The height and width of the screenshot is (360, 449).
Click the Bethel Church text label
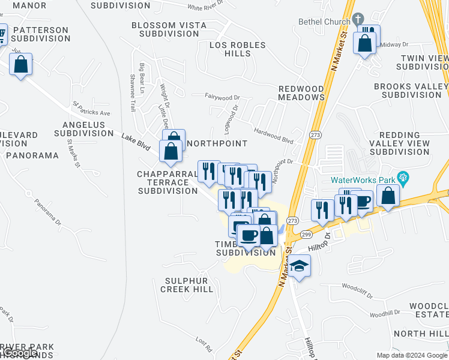point(324,22)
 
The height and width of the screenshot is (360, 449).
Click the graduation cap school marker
point(299,265)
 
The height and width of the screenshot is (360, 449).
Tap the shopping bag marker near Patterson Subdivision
point(21,65)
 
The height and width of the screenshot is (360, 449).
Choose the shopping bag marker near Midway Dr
point(364,43)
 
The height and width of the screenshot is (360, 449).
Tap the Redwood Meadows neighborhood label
point(301,93)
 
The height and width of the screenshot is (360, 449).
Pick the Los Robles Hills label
point(237,49)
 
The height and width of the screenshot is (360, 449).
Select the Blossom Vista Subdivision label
point(169,29)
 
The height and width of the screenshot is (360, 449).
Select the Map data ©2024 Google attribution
point(412,355)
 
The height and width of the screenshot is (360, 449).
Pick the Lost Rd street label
point(204,344)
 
